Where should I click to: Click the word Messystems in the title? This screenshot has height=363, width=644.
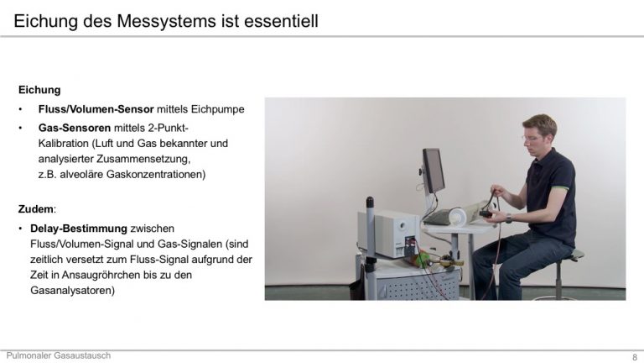click(x=165, y=21)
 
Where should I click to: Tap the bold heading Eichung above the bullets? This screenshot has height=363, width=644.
click(x=39, y=90)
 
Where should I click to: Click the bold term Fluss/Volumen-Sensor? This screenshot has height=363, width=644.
click(x=96, y=109)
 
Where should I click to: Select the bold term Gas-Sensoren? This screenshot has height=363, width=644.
click(x=75, y=128)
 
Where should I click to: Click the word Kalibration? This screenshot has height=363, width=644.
click(x=64, y=143)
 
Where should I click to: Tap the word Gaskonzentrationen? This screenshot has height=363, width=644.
click(x=156, y=175)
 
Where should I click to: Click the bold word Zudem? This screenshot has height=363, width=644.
click(x=36, y=209)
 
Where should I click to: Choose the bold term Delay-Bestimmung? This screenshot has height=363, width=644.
click(x=79, y=229)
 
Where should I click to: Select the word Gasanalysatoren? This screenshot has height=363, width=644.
click(x=72, y=291)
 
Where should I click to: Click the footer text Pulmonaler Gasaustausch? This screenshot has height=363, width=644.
click(x=59, y=355)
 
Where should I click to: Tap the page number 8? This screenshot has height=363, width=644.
click(x=635, y=357)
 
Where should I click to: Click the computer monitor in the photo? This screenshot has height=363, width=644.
click(x=434, y=171)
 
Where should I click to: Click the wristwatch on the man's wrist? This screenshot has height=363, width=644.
click(x=508, y=218)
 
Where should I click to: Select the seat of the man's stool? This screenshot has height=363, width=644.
click(x=577, y=255)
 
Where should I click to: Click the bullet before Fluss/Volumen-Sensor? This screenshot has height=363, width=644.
click(x=20, y=109)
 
